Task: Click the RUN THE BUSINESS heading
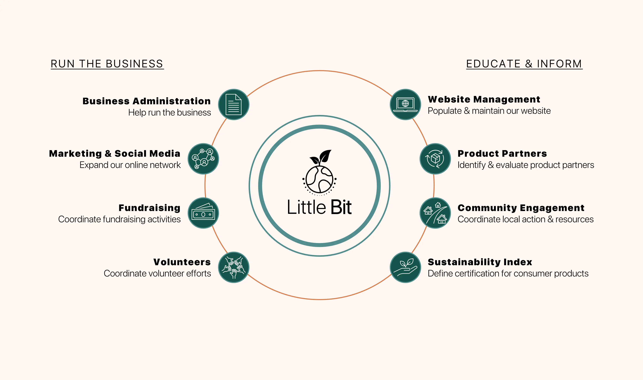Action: [107, 64]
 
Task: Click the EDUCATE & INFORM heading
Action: [524, 64]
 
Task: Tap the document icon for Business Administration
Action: [233, 104]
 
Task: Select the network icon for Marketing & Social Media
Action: [203, 159]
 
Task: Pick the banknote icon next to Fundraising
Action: [203, 213]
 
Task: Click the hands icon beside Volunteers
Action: [233, 267]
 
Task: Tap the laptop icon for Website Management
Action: [405, 104]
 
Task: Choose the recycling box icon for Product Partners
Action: [435, 159]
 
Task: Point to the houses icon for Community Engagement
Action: [435, 213]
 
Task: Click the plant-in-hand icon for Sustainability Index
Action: [405, 267]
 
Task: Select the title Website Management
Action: [484, 99]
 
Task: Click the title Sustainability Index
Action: [480, 262]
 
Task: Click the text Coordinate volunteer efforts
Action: [157, 274]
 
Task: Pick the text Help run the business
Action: [170, 113]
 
